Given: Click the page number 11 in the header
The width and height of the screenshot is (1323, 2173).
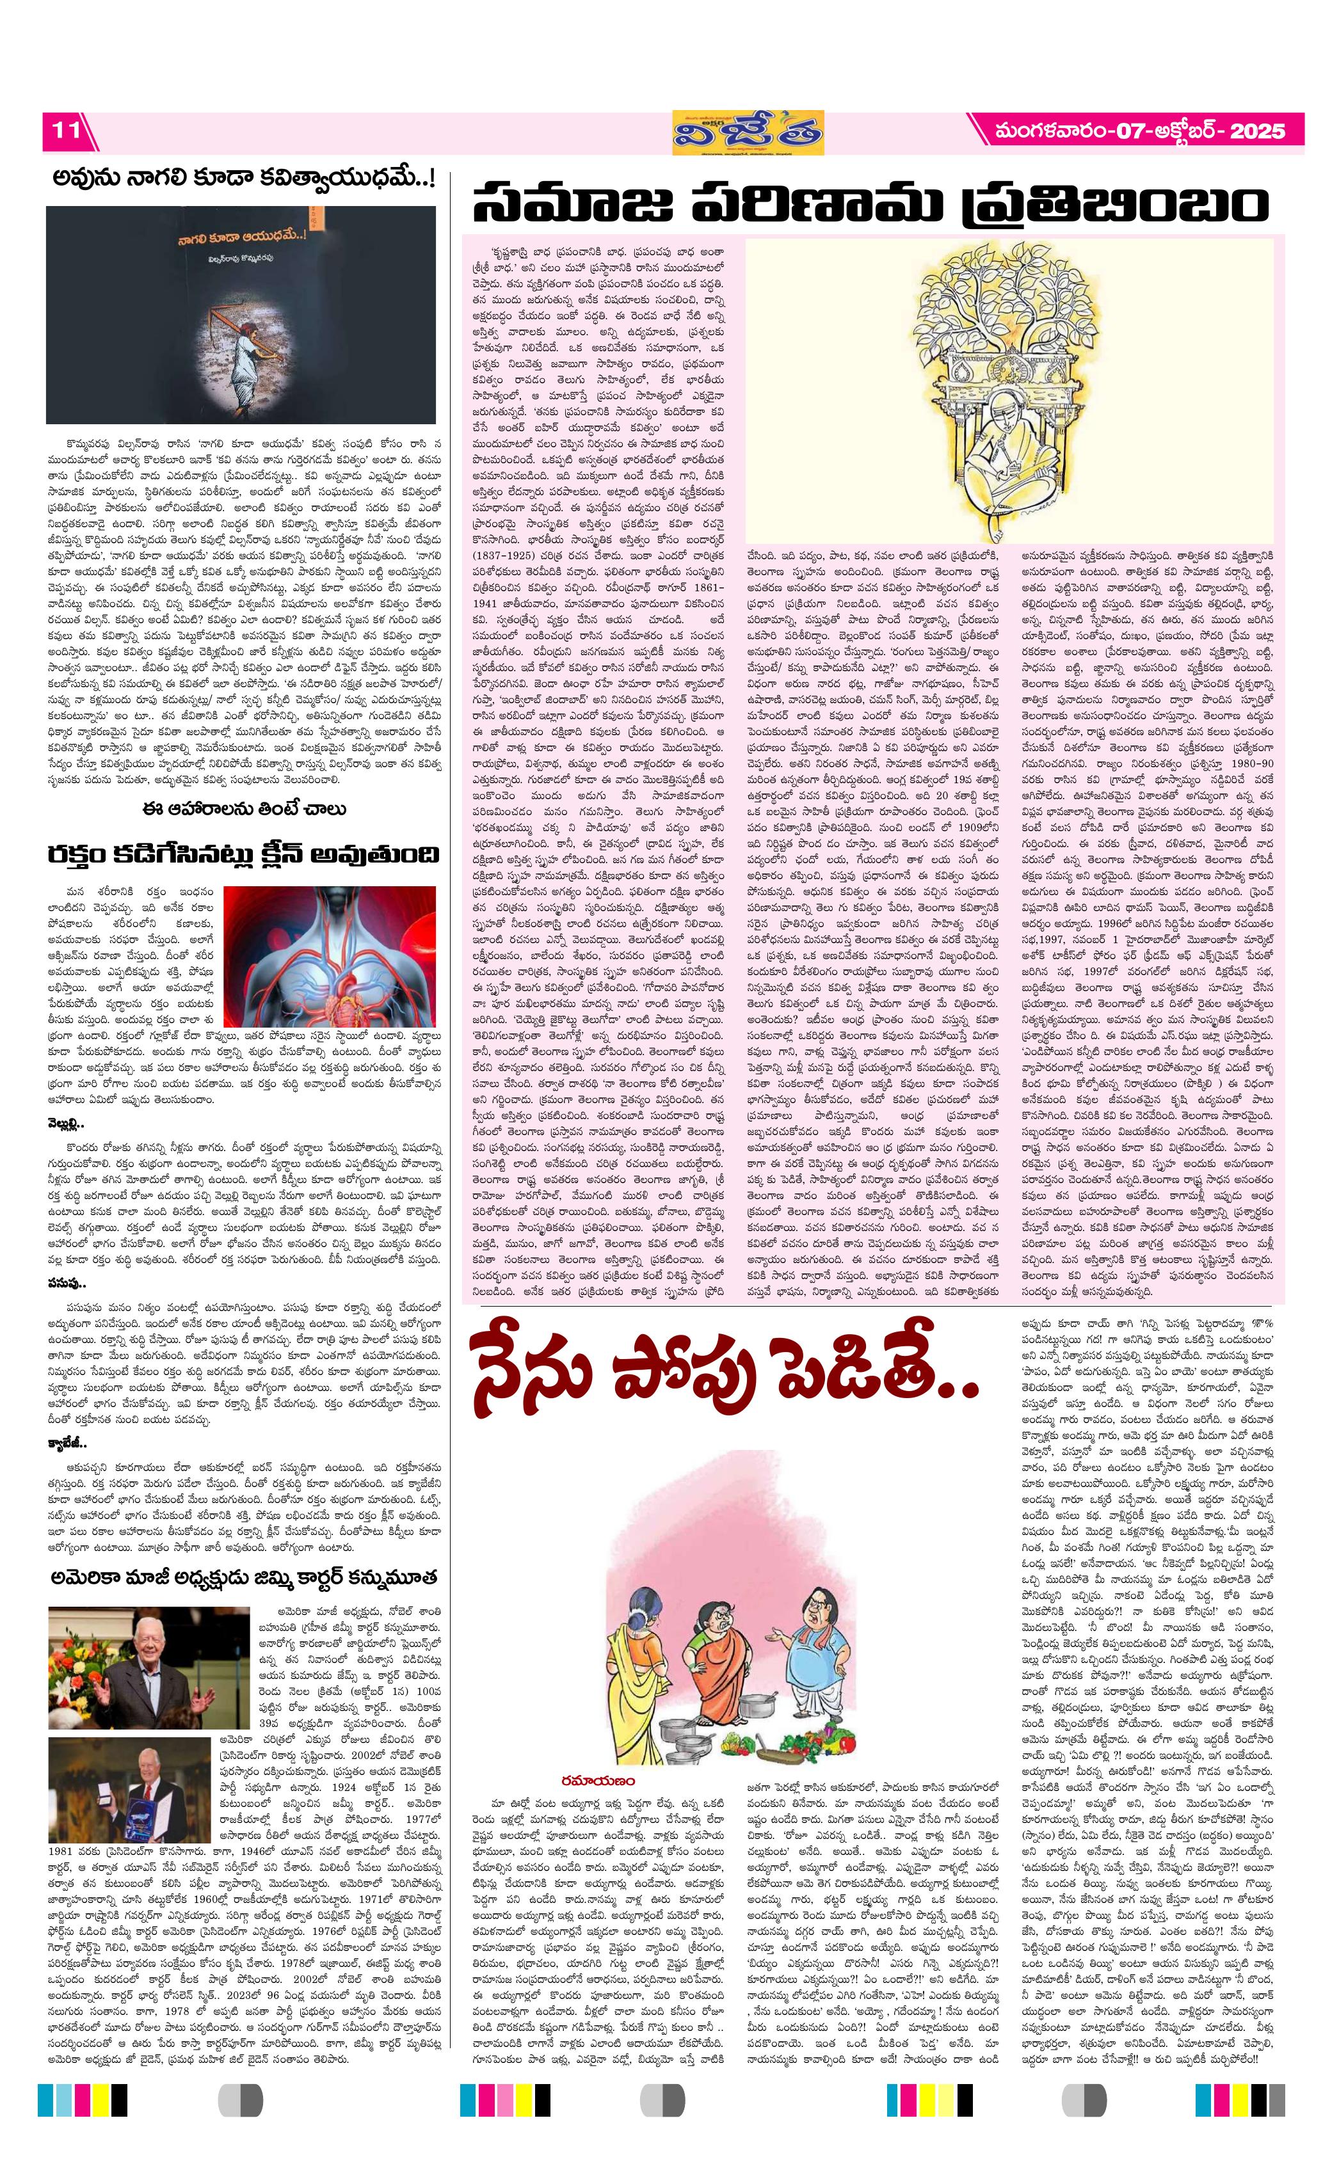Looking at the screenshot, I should pos(63,131).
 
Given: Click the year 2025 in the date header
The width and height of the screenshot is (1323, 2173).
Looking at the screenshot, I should pos(1257,131).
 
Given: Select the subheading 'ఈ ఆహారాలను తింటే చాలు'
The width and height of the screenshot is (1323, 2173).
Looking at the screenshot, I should pos(242,809).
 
